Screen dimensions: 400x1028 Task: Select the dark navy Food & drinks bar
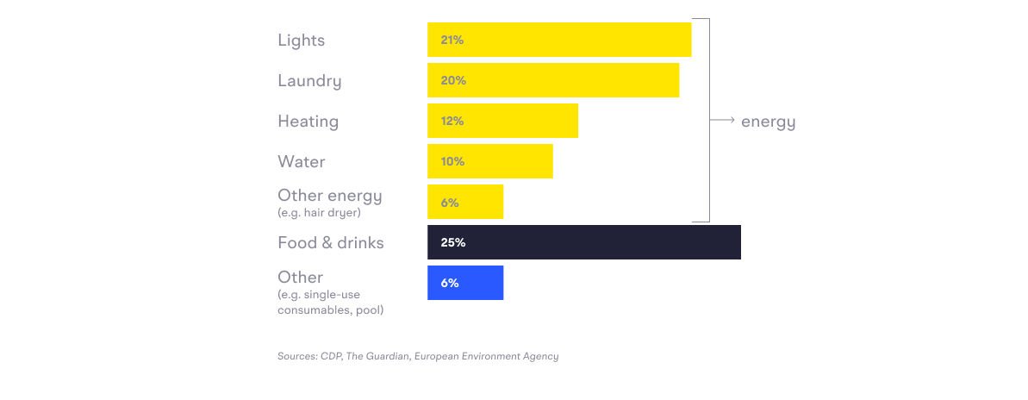pyautogui.click(x=583, y=242)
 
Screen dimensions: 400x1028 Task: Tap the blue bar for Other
pyautogui.click(x=465, y=283)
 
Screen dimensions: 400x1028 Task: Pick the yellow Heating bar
pyautogui.click(x=502, y=121)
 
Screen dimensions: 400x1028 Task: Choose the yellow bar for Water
pyautogui.click(x=489, y=161)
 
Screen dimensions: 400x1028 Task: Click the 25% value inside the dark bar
pyautogui.click(x=452, y=243)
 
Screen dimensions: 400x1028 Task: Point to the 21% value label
pyautogui.click(x=452, y=40)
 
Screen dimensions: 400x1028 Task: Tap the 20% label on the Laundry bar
pyautogui.click(x=452, y=80)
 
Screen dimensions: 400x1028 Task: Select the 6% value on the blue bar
pyautogui.click(x=449, y=283)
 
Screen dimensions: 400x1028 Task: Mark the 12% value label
pyautogui.click(x=452, y=121)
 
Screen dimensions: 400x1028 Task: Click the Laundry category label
pyautogui.click(x=309, y=81)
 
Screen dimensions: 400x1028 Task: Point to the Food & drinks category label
pyautogui.click(x=330, y=243)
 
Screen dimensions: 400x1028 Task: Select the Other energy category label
pyautogui.click(x=329, y=196)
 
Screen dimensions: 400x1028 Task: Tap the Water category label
pyautogui.click(x=301, y=162)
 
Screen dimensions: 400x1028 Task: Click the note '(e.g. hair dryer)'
pyautogui.click(x=319, y=212)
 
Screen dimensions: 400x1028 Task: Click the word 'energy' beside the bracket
pyautogui.click(x=768, y=122)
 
